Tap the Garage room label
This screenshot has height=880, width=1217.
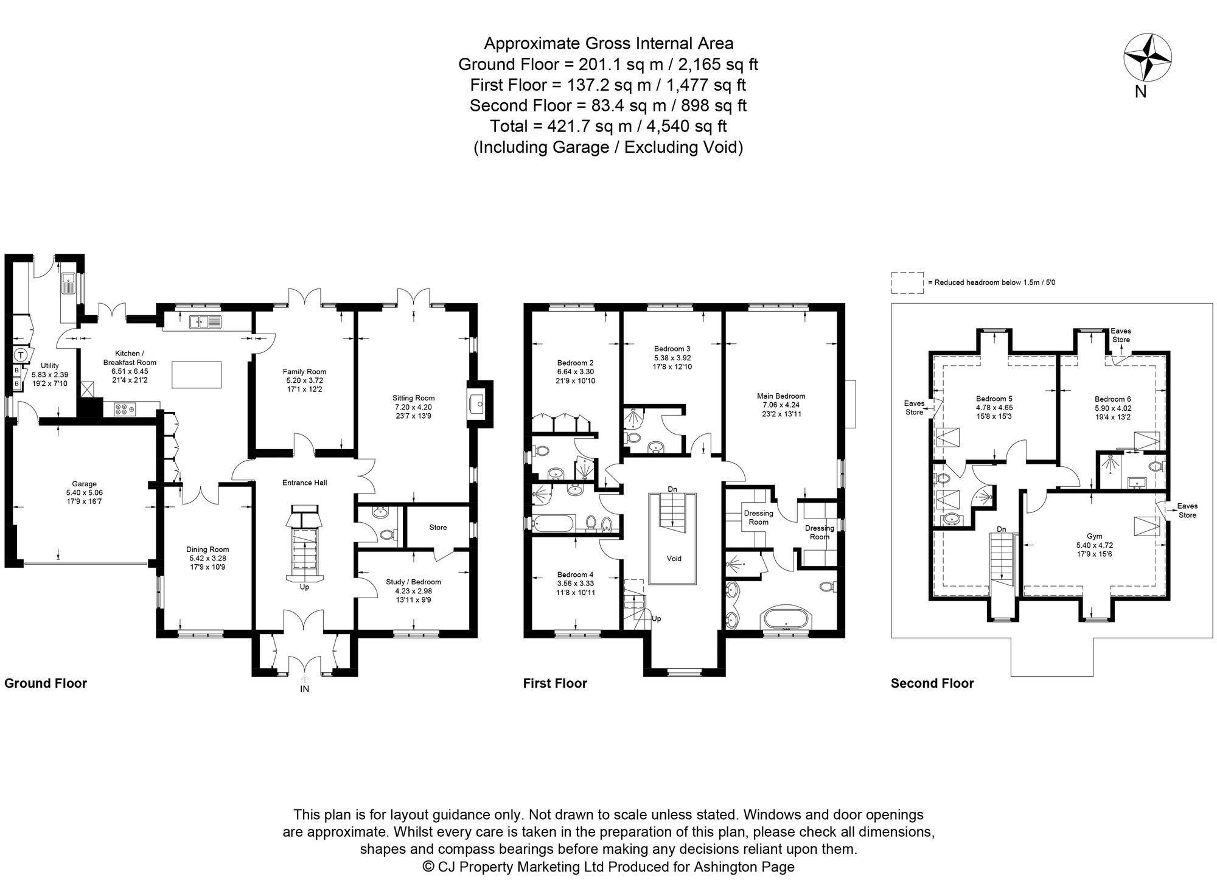point(85,484)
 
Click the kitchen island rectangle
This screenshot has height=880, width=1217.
point(196,374)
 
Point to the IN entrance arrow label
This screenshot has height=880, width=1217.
point(304,689)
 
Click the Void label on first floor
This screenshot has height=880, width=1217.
point(674,558)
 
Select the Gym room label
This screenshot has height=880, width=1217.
point(1094,536)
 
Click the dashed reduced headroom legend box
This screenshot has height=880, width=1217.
point(907,283)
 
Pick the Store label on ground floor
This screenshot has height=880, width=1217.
point(438,527)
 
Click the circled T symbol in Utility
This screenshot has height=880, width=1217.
point(21,354)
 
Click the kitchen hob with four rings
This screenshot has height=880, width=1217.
point(124,410)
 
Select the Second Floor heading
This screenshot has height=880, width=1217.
point(932,683)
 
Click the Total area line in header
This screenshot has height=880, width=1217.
point(608,126)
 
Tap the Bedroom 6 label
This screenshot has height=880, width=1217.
point(1112,399)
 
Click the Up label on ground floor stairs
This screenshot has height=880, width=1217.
point(304,587)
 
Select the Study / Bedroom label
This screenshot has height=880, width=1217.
point(413,582)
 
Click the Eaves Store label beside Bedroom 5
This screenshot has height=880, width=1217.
point(914,407)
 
